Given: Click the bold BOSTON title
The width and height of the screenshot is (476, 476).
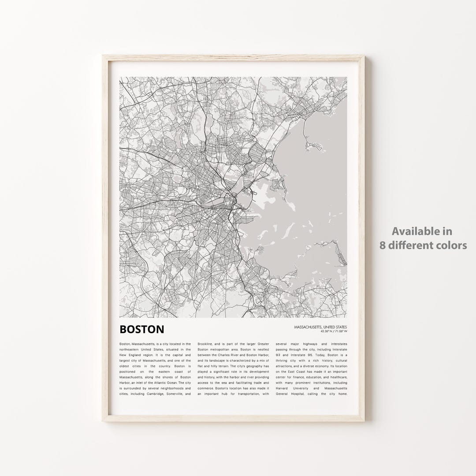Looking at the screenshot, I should point(141,329).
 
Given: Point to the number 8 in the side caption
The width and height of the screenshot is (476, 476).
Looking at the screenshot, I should point(383,245).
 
